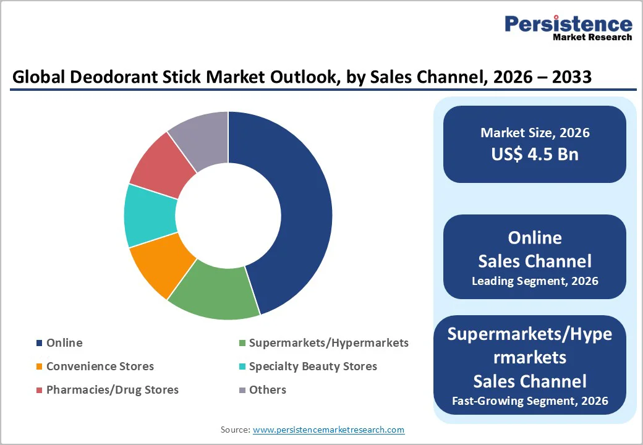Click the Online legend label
coord(64,342)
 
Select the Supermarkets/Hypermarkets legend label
coord(328,342)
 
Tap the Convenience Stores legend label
coord(100,366)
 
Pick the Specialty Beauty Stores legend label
coord(313,366)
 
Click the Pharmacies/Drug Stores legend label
coord(113,389)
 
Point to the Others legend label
coord(268,389)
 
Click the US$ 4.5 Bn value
coord(535,153)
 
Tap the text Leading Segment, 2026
coord(535,281)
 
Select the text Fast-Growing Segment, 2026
coord(530,400)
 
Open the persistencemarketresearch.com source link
coord(328,429)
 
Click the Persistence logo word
coord(568,24)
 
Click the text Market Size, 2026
coord(535,132)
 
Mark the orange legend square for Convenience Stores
coord(40,367)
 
